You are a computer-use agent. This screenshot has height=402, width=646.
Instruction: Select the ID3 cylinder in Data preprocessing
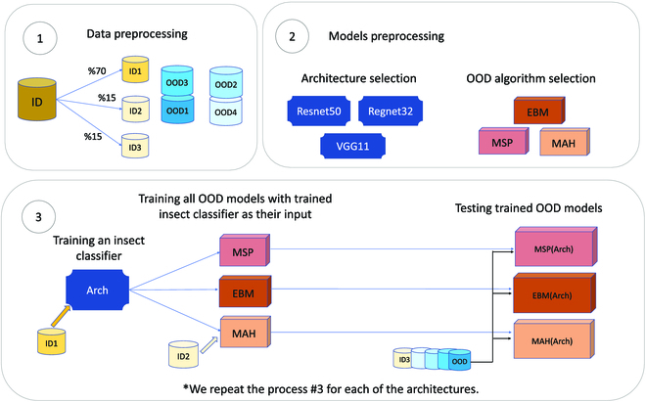coord(132,147)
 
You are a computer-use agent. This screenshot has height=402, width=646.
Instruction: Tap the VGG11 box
coord(352,148)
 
